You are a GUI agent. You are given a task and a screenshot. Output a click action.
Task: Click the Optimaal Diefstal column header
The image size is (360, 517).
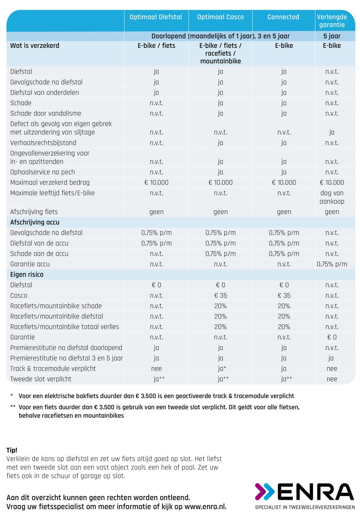155,17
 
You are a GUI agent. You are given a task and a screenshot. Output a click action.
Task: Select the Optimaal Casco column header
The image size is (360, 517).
220,17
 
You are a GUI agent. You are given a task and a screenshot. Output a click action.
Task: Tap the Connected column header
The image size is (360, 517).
283,17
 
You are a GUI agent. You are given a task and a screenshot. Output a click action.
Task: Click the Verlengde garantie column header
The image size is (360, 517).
332,21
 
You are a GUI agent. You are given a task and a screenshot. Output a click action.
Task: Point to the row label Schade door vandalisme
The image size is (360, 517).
46,113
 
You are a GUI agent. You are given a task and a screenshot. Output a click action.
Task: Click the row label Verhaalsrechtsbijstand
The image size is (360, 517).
43,143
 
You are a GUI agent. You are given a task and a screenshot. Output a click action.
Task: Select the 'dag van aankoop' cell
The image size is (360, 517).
332,197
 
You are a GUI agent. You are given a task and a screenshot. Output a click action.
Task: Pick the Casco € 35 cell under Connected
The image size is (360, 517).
284,296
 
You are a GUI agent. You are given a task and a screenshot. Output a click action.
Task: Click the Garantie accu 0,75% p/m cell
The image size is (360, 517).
332,264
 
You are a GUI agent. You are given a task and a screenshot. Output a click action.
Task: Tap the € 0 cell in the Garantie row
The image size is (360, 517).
332,337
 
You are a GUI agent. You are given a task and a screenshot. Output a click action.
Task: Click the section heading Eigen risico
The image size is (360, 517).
27,274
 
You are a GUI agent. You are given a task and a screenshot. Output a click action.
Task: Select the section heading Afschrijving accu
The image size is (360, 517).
35,222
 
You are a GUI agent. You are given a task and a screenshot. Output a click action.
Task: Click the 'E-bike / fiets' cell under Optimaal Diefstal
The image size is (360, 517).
156,46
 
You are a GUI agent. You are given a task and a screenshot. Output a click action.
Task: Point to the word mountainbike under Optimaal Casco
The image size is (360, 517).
220,61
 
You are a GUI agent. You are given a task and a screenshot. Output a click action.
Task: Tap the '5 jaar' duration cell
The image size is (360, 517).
332,36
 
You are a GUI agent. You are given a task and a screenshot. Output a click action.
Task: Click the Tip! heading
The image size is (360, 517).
12,450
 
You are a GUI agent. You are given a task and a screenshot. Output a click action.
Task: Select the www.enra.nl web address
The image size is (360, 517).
205,507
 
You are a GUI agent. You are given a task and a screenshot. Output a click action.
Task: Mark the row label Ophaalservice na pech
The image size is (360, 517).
43,172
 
